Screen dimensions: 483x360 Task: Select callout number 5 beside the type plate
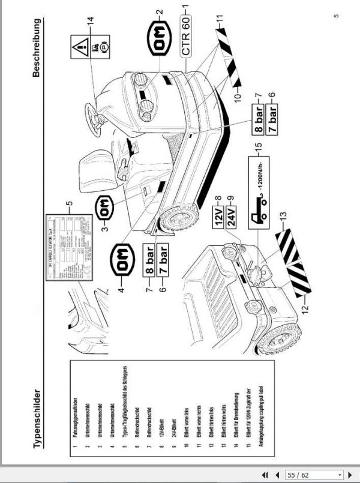[x=70, y=202]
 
